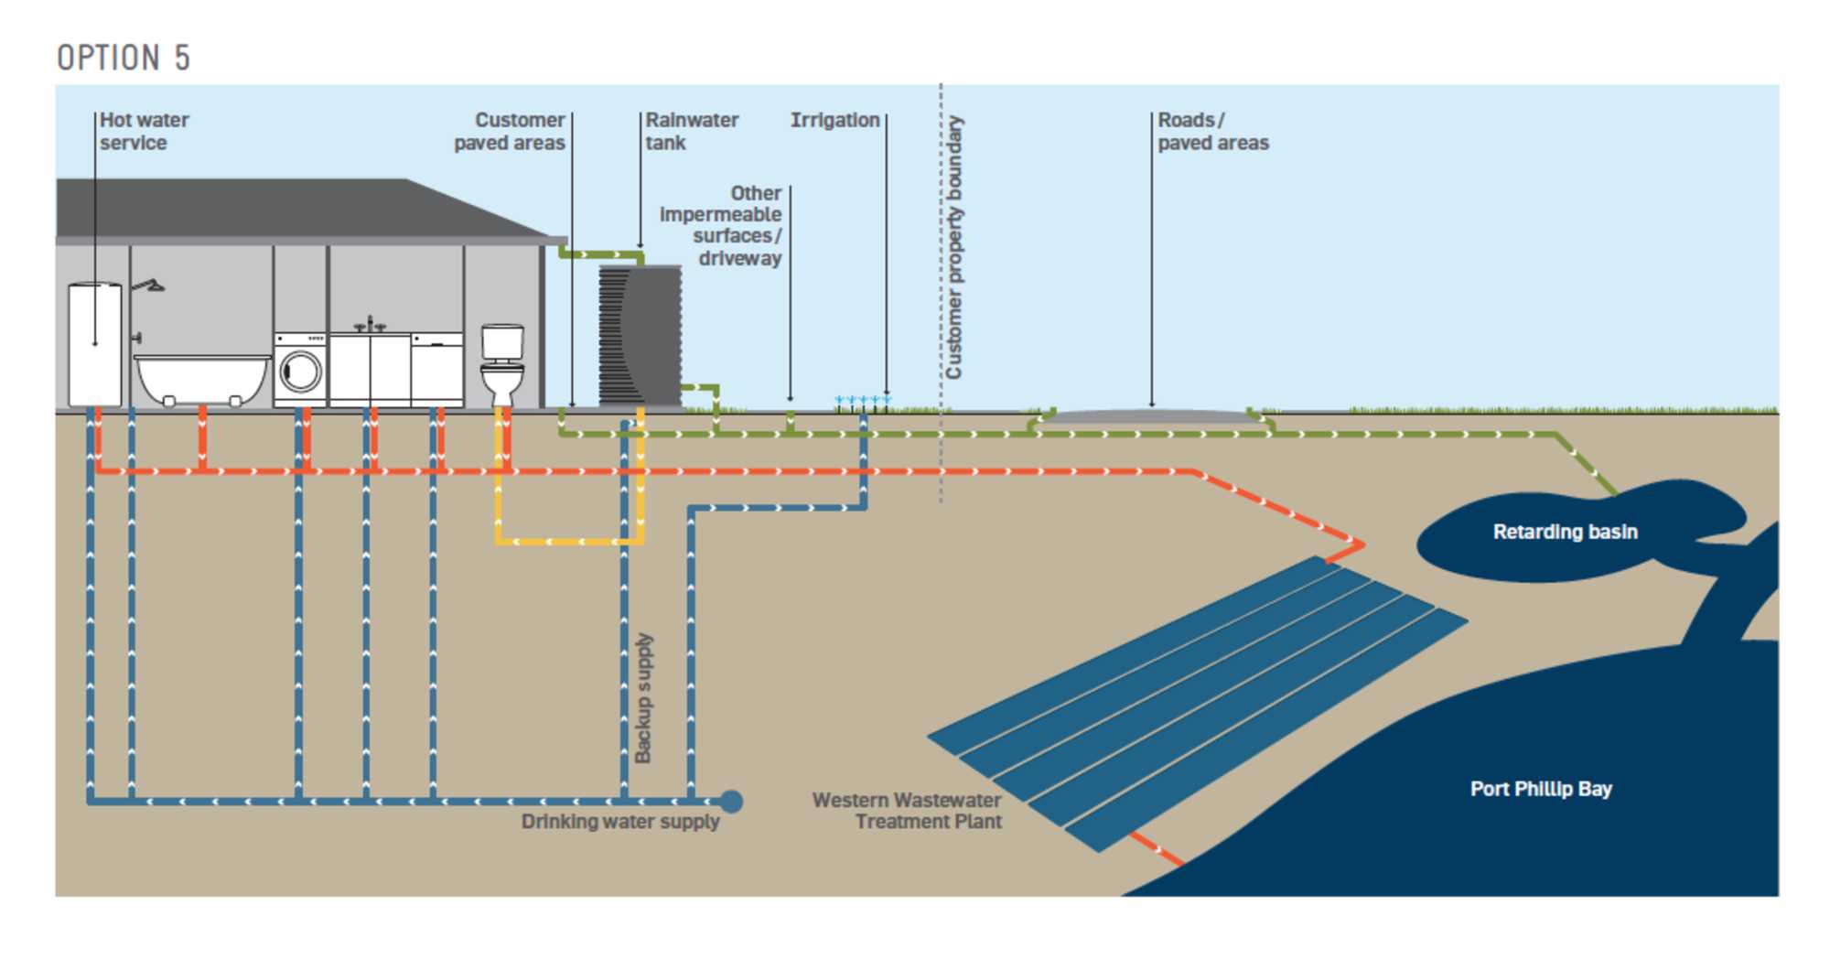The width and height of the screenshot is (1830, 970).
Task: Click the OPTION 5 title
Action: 124,58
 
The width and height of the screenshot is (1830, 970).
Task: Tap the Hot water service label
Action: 144,131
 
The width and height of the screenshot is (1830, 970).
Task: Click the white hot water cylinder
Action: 95,343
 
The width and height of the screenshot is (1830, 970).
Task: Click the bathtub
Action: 201,377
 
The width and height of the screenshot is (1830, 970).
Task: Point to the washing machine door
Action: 301,372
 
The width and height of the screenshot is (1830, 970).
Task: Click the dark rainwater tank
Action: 640,335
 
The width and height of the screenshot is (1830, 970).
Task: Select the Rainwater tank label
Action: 691,131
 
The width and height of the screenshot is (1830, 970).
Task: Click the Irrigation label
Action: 834,120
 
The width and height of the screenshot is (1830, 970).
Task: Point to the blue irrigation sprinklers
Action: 862,400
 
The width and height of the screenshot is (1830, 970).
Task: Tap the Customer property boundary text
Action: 954,247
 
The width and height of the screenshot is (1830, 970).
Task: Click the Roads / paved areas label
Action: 1212,131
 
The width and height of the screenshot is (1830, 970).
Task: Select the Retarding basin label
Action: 1565,532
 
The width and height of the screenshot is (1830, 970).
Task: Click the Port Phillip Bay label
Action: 1541,789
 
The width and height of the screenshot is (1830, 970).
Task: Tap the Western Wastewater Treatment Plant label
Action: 908,811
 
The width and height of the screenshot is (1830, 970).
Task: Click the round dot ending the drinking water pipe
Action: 731,802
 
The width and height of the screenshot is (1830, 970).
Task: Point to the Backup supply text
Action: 644,697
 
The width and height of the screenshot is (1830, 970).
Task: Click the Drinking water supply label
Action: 620,822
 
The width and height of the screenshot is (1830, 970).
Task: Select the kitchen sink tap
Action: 370,324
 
